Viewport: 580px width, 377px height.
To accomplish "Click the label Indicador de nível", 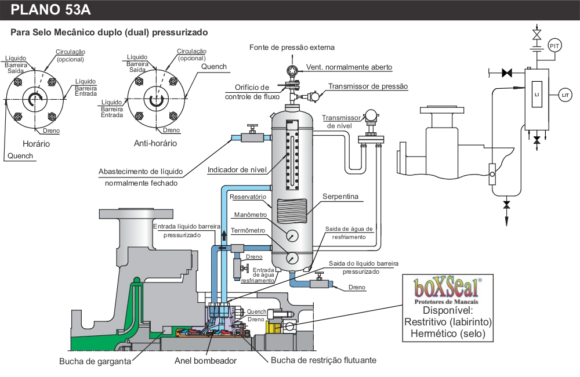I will (x=237, y=170).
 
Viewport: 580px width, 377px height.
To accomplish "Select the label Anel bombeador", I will (x=205, y=360).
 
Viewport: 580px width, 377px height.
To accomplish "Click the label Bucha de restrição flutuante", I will (x=324, y=360).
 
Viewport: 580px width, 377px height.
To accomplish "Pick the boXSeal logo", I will (x=445, y=287).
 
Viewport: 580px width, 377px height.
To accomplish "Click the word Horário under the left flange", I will (x=36, y=143).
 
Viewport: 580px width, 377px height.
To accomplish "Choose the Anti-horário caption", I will (x=155, y=143).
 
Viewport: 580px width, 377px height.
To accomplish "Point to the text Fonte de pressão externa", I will (x=292, y=47).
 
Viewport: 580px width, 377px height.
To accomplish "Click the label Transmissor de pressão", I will (x=368, y=86).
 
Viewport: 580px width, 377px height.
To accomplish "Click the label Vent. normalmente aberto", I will (x=349, y=67).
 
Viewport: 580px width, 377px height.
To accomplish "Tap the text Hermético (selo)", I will (x=448, y=333).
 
